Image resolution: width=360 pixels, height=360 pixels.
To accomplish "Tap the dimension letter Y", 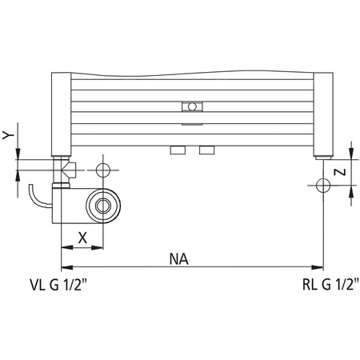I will pos(7,136).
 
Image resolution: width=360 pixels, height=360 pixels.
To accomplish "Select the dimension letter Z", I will pos(340,170).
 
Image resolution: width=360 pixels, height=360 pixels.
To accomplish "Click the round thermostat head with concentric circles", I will pos(102,205).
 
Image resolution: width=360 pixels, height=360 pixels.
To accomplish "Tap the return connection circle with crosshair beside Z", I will pos(322,186).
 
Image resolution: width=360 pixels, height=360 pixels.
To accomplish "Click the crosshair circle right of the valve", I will pos(101,170).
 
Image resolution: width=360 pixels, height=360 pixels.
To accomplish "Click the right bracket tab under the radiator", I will pos(207,150).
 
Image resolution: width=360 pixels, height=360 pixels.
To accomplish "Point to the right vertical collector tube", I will pos(322,114).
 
